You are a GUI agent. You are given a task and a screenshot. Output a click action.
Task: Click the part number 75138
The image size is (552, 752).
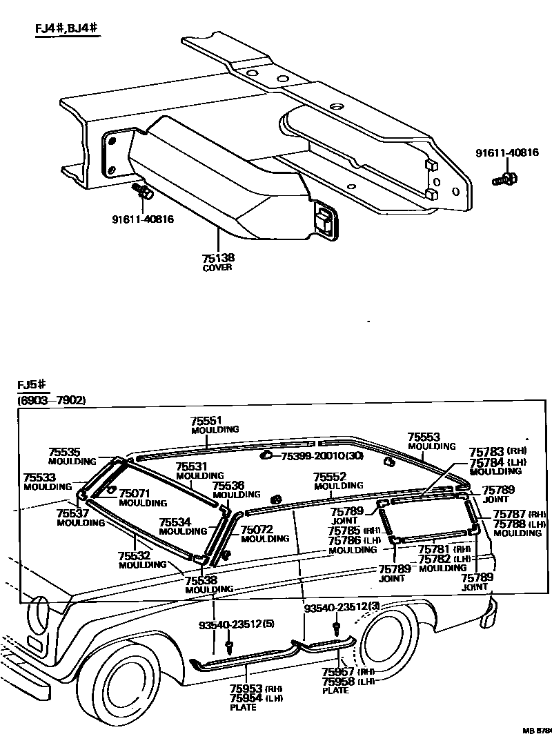(x=218, y=257)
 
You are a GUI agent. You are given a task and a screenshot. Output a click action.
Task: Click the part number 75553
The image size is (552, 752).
(x=424, y=437)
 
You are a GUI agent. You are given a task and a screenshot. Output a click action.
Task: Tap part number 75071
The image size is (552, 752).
(x=136, y=493)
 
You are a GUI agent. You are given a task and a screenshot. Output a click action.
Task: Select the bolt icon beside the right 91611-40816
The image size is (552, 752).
(x=504, y=181)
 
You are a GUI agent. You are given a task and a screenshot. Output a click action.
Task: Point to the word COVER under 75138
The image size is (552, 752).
(x=217, y=267)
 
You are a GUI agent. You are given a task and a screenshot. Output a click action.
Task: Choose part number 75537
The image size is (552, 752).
(x=71, y=513)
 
